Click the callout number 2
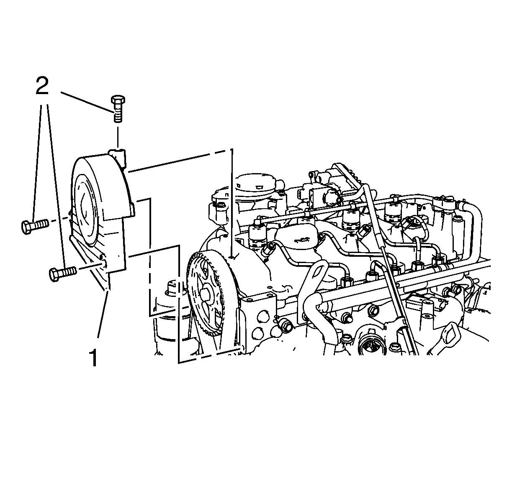[42, 86]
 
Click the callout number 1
[94, 358]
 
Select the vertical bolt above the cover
[118, 108]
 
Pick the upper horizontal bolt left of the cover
[35, 226]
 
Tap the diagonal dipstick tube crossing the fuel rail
[391, 268]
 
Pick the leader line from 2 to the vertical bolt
[87, 102]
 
